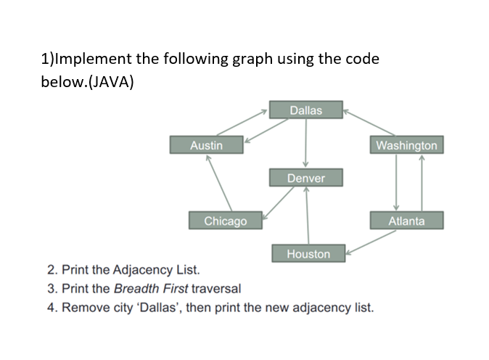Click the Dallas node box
(305, 110)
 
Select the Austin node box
(206, 145)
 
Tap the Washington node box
(406, 145)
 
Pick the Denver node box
(305, 178)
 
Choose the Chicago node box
(225, 221)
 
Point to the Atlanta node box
(406, 221)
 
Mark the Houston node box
(308, 254)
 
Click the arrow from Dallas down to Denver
(305, 143)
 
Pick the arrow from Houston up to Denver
(308, 216)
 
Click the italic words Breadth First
(149, 288)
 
